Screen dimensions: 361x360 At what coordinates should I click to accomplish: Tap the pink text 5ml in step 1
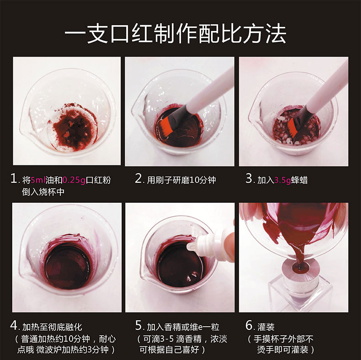click(x=38, y=180)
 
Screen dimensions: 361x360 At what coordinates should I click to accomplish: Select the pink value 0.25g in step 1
click(x=74, y=180)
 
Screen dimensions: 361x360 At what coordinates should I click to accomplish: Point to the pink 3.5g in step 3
click(x=282, y=180)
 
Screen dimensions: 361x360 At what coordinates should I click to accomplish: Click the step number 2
click(x=139, y=179)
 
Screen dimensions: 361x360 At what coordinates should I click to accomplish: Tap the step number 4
click(x=14, y=325)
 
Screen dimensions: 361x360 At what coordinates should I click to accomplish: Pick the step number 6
click(x=250, y=325)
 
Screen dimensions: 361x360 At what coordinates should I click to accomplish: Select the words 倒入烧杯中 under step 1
click(x=43, y=192)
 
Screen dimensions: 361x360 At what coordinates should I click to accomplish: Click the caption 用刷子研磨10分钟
click(x=181, y=180)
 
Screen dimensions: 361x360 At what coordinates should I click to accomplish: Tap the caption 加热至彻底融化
click(x=52, y=327)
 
